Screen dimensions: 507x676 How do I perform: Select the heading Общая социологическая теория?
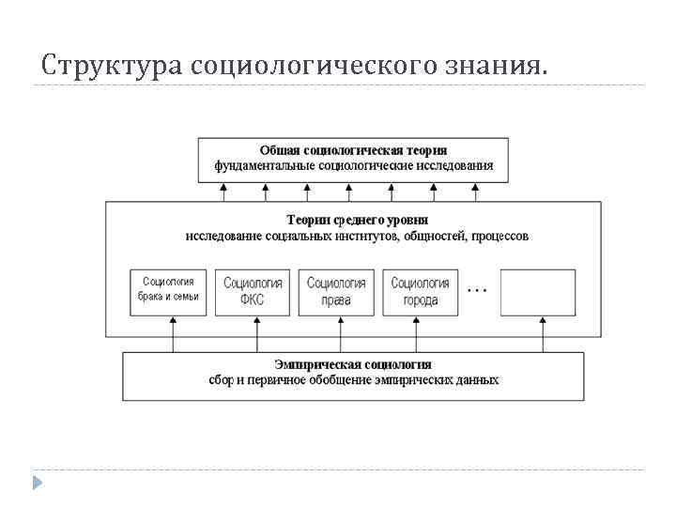coord(353,150)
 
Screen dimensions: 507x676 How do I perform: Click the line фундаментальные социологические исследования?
coord(353,166)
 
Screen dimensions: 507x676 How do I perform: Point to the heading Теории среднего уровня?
coord(353,219)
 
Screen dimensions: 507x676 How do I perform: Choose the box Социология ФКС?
coord(253,292)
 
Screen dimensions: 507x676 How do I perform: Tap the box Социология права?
coord(336,292)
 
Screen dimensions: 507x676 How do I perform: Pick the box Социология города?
coord(420,292)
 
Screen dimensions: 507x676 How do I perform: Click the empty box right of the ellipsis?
coord(538,292)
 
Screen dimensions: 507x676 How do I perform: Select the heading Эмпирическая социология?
coord(353,364)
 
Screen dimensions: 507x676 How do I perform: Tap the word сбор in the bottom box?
coord(221,380)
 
